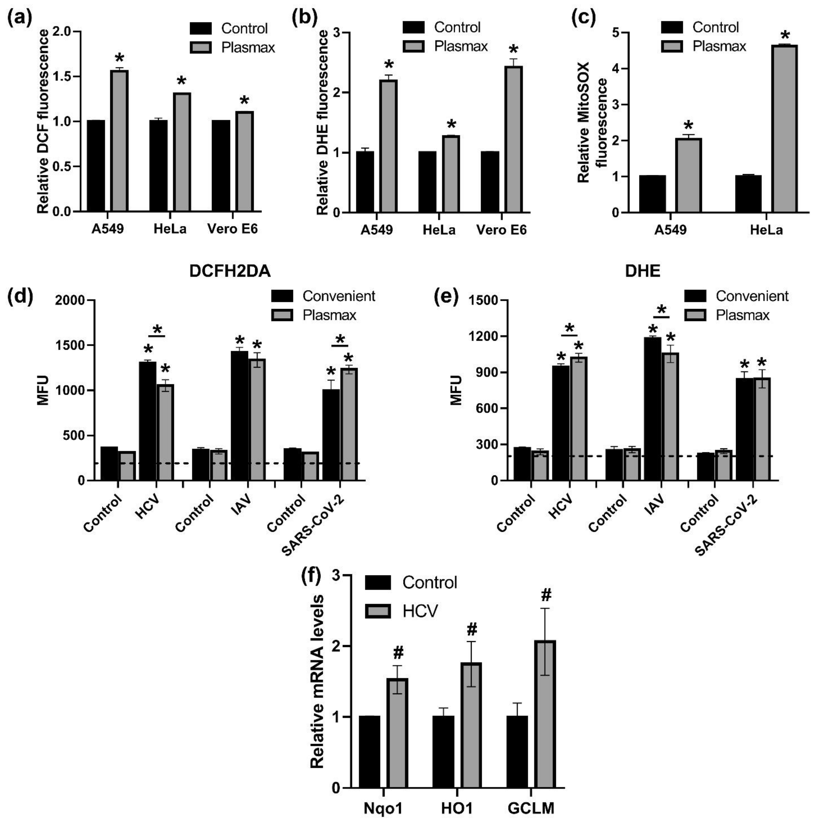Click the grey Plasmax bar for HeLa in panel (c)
(784, 128)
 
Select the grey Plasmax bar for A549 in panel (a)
(119, 140)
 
